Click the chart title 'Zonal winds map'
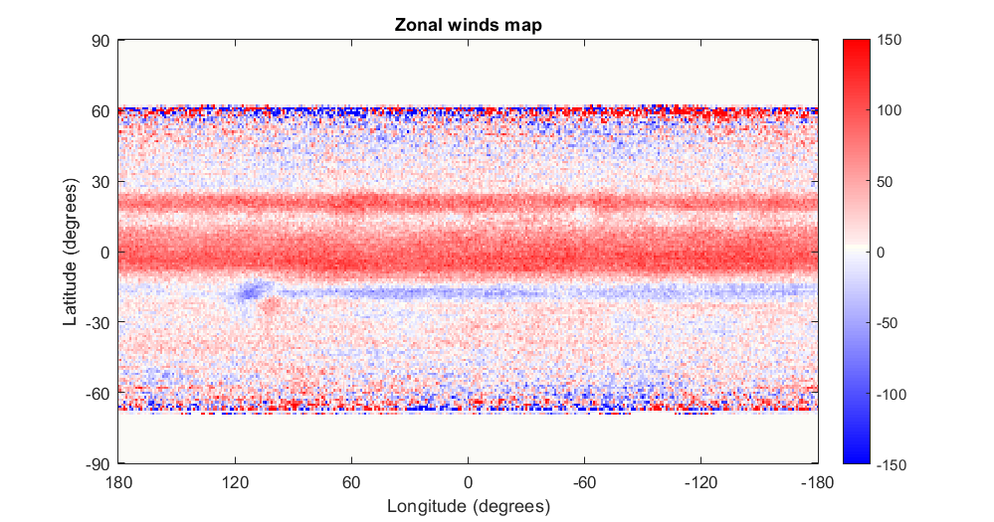[x=468, y=26]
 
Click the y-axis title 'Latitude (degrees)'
[x=71, y=253]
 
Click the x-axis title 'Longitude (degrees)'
[x=468, y=507]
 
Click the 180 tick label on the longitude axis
[x=118, y=481]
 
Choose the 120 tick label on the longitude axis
[x=235, y=481]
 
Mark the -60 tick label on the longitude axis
[x=583, y=481]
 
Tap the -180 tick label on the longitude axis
[x=816, y=481]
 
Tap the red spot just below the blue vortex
[x=270, y=307]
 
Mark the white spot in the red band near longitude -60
[x=581, y=214]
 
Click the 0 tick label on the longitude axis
[x=468, y=481]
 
